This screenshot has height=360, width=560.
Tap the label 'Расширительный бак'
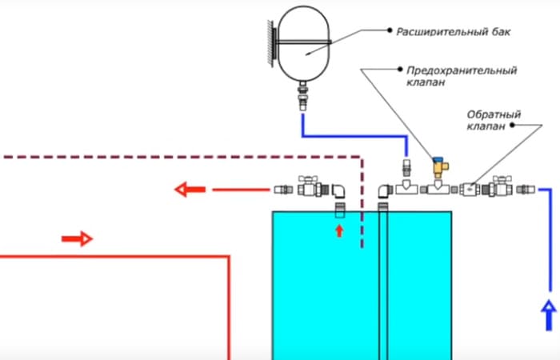454,32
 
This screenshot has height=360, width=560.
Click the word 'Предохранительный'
462,70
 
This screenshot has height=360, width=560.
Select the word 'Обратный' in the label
494,114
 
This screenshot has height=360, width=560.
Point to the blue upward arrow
549,315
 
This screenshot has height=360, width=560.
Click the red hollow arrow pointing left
190,190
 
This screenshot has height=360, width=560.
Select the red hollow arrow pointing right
77,238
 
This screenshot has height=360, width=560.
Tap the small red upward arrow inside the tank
339,230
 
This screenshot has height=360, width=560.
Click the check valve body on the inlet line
470,190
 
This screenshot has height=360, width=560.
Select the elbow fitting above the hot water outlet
338,190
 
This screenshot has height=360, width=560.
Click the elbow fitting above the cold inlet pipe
386,190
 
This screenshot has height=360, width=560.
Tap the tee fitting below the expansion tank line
406,187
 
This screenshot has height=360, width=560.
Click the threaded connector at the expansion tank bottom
303,96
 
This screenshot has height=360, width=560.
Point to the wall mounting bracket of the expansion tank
273,43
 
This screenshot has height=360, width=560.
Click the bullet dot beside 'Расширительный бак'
390,30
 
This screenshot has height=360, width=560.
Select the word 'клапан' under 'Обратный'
486,126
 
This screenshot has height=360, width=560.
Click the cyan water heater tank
362,286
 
